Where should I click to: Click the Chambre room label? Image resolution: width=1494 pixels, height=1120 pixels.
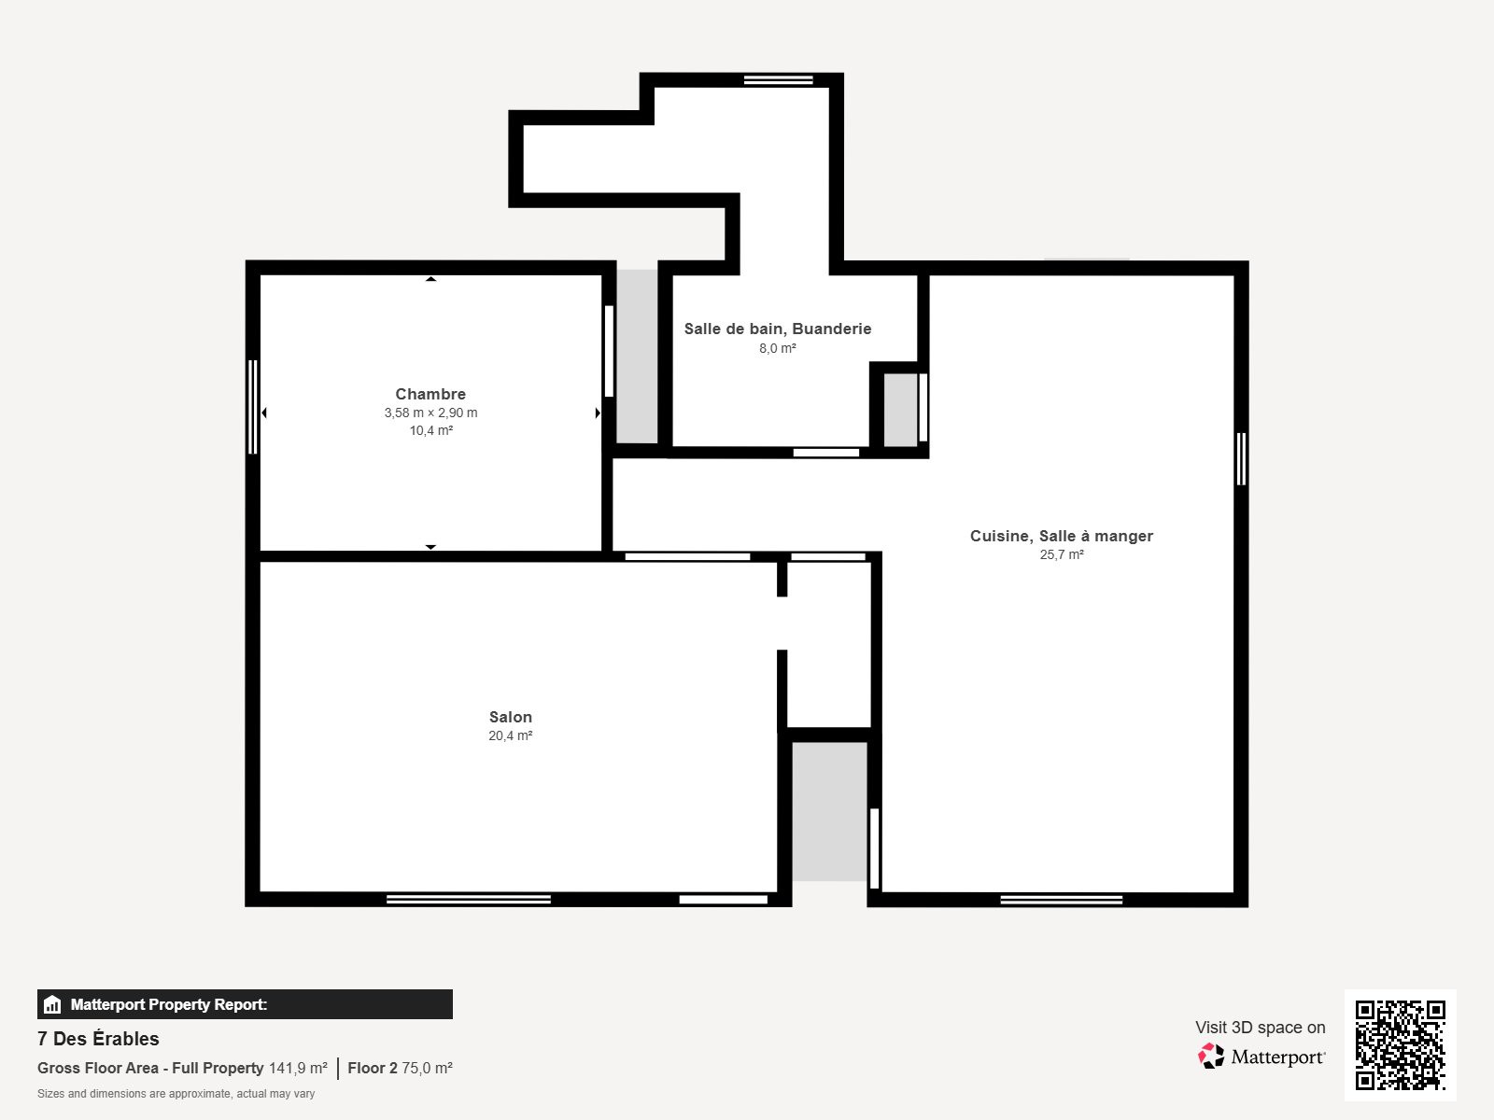point(430,394)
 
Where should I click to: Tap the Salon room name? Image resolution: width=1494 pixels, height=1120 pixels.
point(510,717)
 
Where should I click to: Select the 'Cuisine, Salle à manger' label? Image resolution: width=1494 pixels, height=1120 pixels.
point(1061,536)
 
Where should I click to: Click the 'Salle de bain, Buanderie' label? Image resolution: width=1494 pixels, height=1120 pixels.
point(777,329)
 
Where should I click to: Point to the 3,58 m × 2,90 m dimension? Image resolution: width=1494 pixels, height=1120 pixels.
point(430,413)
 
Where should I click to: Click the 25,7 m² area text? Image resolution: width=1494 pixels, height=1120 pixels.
point(1062,554)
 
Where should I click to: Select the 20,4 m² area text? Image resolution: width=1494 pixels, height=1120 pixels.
point(510,735)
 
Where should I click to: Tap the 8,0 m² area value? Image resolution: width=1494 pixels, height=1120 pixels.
point(777,348)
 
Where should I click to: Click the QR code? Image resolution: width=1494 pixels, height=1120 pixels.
point(1400,1044)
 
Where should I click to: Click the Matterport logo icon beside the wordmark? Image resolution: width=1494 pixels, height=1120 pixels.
point(1211,1057)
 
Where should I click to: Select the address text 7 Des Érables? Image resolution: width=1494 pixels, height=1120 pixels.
point(98,1039)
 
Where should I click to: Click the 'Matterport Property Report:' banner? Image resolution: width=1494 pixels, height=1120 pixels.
point(245,1004)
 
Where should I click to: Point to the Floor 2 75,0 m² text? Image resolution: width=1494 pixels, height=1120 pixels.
point(400,1068)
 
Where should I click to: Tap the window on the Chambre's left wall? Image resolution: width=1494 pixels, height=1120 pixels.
point(252,407)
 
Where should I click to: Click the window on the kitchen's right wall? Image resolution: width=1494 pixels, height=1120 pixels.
point(1241,458)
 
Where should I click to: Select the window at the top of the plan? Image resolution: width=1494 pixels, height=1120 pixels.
point(778,80)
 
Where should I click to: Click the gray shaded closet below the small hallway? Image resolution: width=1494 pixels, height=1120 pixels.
point(829,810)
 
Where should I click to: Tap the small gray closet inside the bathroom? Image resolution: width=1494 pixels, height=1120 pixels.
point(900,410)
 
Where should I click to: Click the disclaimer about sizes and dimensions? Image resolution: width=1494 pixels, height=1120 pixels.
point(176,1094)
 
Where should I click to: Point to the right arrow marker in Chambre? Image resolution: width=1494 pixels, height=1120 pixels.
point(598,413)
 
